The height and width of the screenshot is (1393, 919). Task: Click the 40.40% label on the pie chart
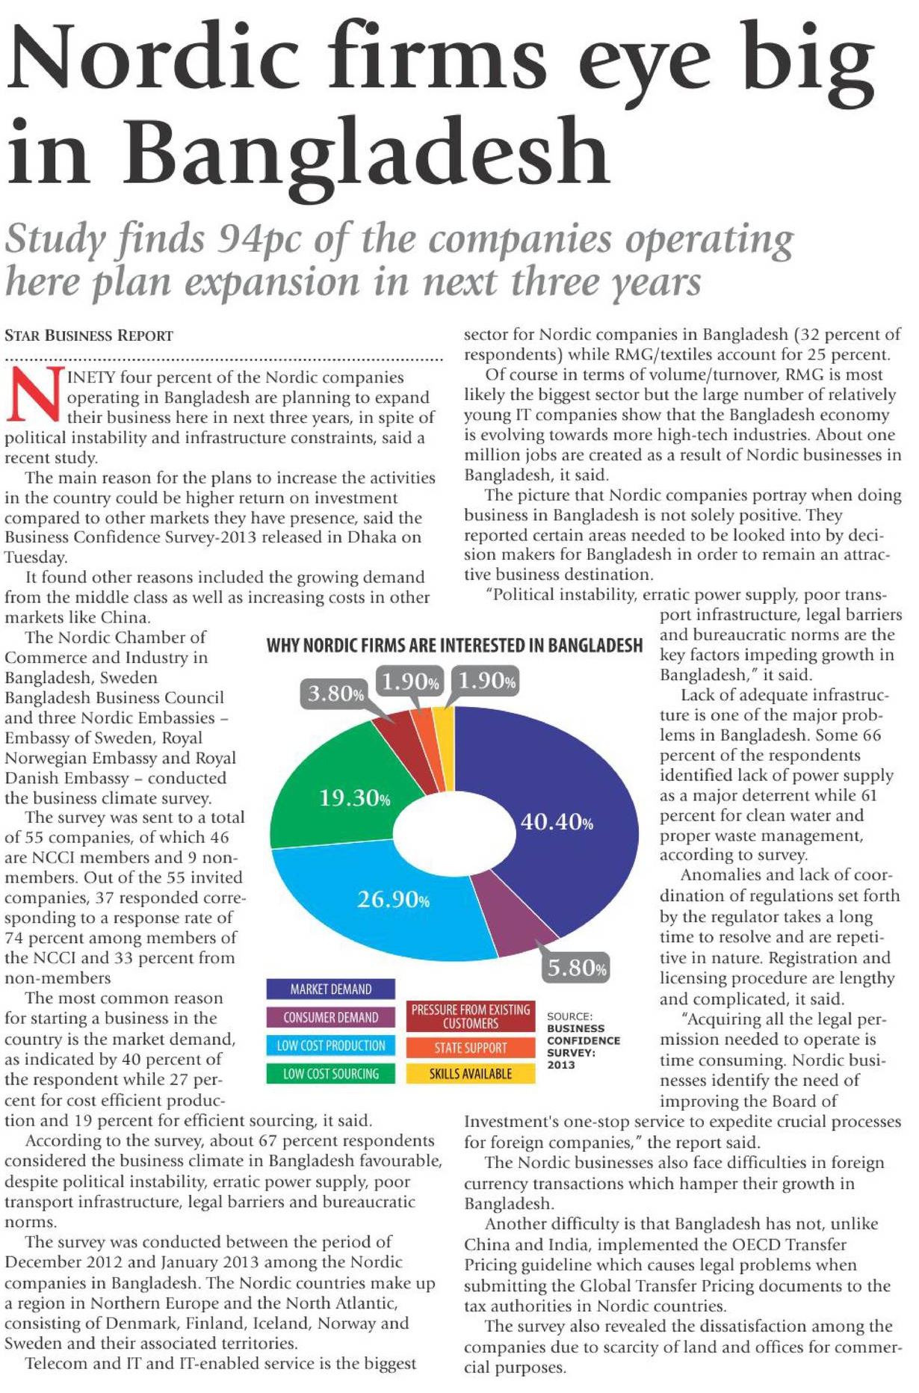tap(557, 823)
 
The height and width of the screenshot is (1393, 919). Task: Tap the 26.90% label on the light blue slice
tap(393, 898)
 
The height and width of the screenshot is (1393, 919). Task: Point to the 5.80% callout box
tap(577, 968)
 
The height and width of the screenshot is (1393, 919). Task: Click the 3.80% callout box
tap(335, 694)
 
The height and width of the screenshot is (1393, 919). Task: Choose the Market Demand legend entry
tap(330, 989)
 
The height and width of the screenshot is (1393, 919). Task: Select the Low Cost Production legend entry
tap(330, 1045)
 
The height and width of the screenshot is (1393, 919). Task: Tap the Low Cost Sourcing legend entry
tap(330, 1074)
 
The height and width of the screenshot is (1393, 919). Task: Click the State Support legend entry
tap(471, 1048)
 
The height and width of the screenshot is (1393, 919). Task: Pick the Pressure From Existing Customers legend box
tap(471, 1016)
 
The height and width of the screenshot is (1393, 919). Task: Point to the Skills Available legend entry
tap(471, 1074)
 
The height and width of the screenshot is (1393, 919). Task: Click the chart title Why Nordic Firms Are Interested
tap(454, 646)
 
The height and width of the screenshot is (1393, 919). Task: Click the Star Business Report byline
tap(89, 336)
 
